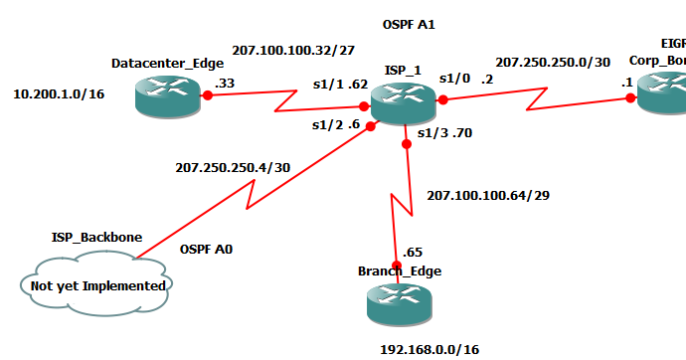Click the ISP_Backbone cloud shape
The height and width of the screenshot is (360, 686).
95,284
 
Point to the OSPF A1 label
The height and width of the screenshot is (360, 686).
410,23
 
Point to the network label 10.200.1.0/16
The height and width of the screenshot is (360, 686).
59,94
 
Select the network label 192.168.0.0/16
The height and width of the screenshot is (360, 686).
429,349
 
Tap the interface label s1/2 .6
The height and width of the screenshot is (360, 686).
334,125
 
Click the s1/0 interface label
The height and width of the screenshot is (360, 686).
454,78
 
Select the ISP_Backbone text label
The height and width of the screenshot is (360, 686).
96,238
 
